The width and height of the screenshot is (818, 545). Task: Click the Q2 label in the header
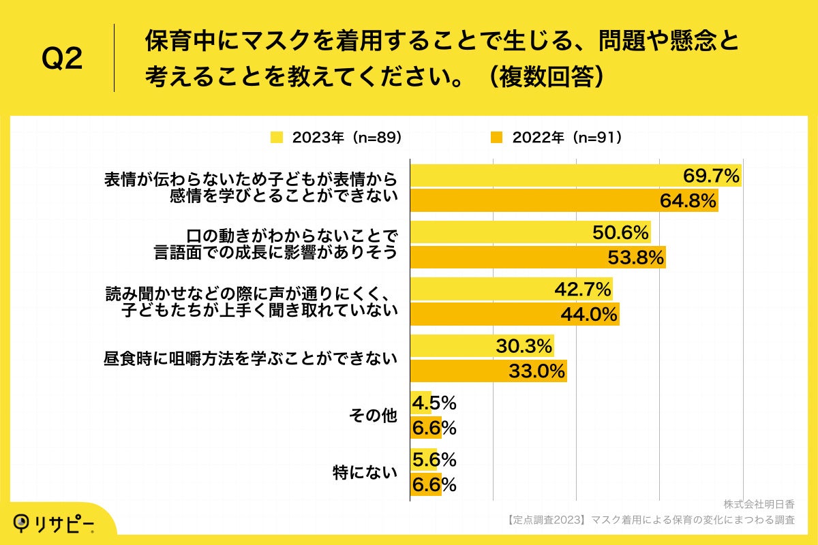pyautogui.click(x=62, y=59)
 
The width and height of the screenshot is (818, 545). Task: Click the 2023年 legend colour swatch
pyautogui.click(x=277, y=138)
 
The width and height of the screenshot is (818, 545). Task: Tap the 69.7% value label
pyautogui.click(x=711, y=176)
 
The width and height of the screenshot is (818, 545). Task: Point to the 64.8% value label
pyautogui.click(x=688, y=200)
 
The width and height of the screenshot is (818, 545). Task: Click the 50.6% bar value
pyautogui.click(x=620, y=233)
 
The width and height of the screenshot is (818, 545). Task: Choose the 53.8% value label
pyautogui.click(x=636, y=257)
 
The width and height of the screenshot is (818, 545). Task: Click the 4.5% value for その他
pyautogui.click(x=434, y=403)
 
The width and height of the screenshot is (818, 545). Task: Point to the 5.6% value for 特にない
pyautogui.click(x=434, y=460)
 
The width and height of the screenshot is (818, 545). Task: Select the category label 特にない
pyautogui.click(x=365, y=472)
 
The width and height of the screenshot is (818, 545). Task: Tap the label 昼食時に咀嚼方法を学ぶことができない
pyautogui.click(x=250, y=358)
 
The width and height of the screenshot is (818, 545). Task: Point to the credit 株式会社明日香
pyautogui.click(x=759, y=505)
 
